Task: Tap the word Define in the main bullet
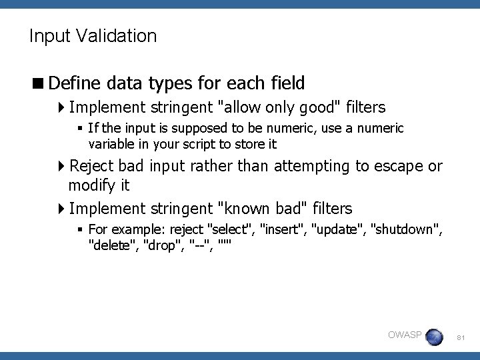point(73,83)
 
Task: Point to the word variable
point(111,144)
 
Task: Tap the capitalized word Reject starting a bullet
point(91,166)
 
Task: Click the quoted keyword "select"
point(231,230)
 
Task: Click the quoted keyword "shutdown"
point(405,230)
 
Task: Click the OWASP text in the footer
point(405,335)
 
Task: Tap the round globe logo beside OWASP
point(434,336)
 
